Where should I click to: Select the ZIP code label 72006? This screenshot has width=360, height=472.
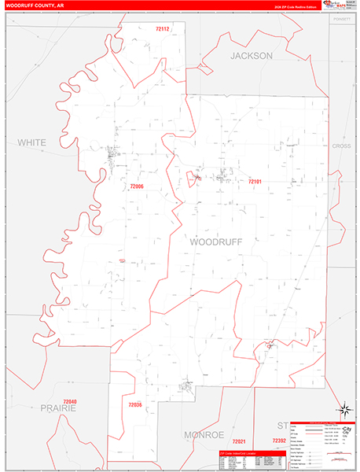click(x=136, y=186)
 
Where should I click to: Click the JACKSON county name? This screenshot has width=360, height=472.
click(x=251, y=56)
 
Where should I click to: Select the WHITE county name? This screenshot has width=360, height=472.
click(x=32, y=142)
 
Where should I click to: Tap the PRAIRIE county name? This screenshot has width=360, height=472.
click(x=58, y=409)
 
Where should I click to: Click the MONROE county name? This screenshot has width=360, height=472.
click(x=204, y=434)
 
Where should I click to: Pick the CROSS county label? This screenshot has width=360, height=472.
click(x=341, y=146)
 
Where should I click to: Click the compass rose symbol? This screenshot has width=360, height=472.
click(x=343, y=408)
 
